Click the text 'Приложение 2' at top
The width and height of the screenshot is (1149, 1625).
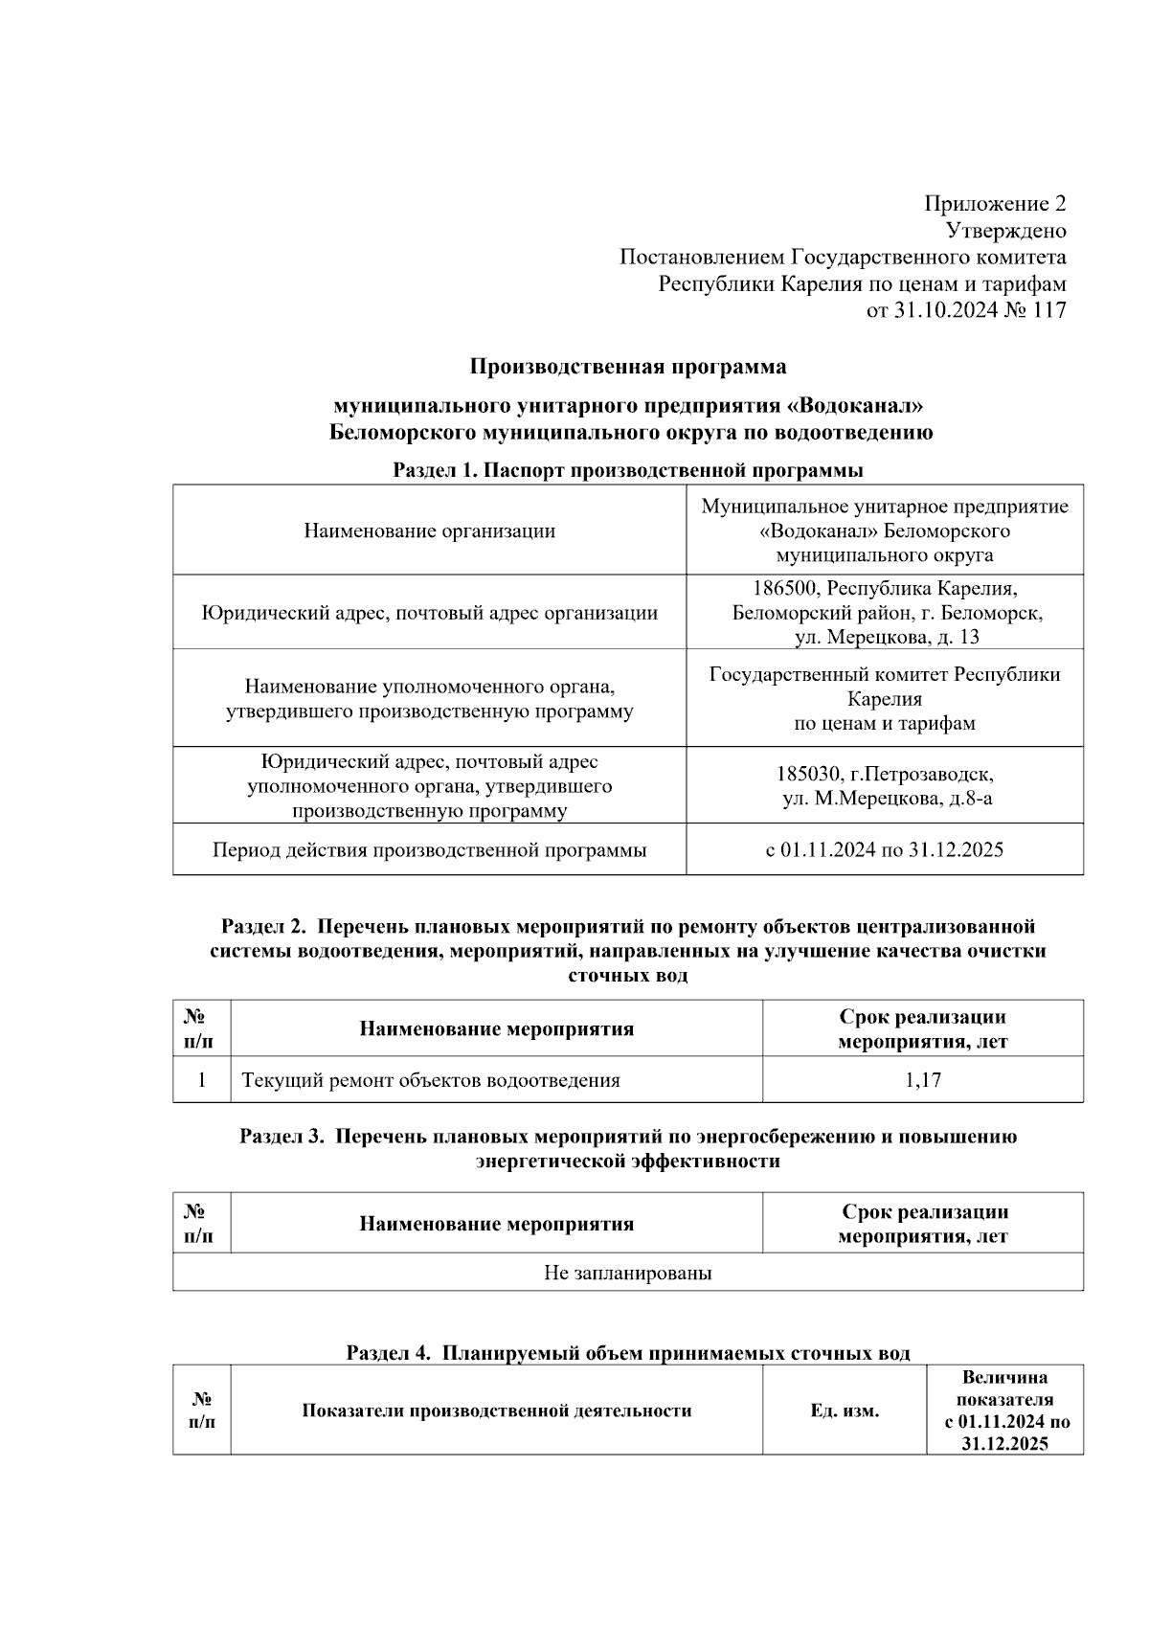(x=994, y=204)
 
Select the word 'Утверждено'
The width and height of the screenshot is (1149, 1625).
(x=1005, y=231)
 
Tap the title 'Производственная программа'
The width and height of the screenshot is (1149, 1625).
(x=627, y=367)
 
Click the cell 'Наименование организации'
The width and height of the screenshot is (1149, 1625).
(x=429, y=530)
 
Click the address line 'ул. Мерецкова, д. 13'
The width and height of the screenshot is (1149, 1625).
(x=887, y=637)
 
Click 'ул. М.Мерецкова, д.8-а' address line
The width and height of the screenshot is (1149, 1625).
(x=887, y=798)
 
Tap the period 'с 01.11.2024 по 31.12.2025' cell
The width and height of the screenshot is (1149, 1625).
(x=884, y=849)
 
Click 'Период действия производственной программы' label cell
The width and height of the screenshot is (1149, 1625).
(x=429, y=849)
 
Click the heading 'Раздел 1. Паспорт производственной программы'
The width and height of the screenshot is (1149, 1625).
(x=627, y=470)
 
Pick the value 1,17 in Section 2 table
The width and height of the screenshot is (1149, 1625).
(x=922, y=1080)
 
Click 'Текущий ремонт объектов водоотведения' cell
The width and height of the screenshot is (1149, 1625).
(x=431, y=1080)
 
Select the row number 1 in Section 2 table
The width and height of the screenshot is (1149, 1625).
(x=201, y=1080)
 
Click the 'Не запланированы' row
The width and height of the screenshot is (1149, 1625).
(x=627, y=1273)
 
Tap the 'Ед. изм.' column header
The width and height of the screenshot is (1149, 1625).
(x=844, y=1411)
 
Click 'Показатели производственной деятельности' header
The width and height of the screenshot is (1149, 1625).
(x=496, y=1411)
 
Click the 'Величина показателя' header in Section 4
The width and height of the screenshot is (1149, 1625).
(x=1004, y=1388)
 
